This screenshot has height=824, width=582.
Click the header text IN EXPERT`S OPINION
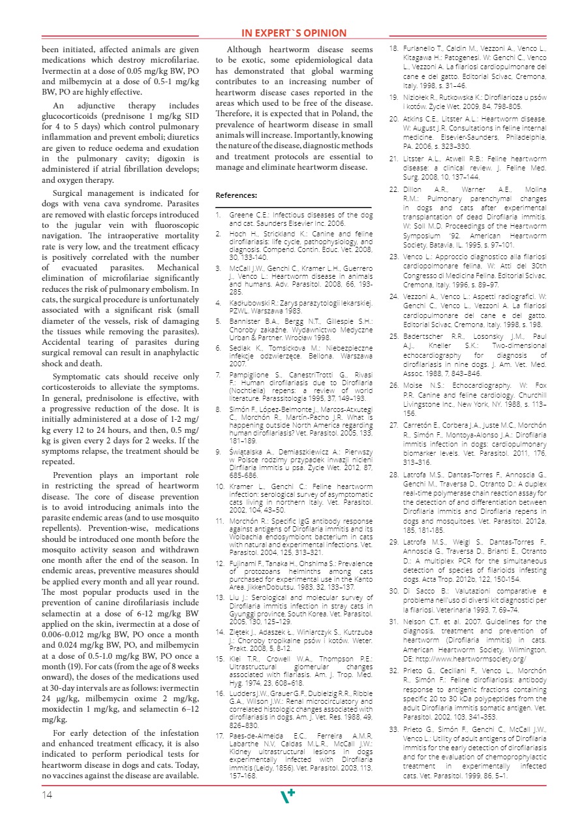(x=294, y=33)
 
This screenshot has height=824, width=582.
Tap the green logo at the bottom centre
(x=287, y=796)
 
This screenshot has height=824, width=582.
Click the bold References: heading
(x=236, y=195)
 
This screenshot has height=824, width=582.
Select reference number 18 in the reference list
(x=394, y=49)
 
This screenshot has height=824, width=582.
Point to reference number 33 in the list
(x=394, y=729)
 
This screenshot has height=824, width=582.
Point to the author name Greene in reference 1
(x=240, y=214)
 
